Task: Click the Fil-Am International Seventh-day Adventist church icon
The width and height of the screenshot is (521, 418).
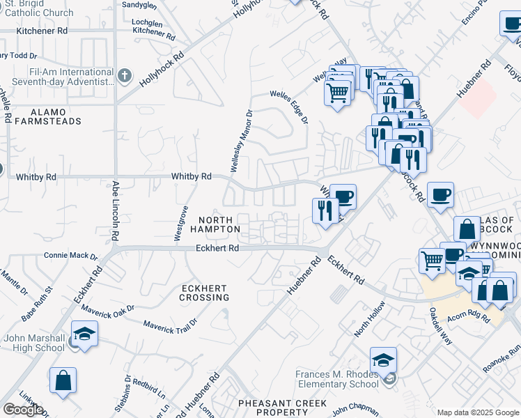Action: (125, 75)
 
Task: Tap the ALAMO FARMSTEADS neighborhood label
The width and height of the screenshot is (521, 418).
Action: (47, 116)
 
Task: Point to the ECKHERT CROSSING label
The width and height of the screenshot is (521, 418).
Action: (205, 293)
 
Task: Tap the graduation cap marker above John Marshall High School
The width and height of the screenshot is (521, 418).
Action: (84, 334)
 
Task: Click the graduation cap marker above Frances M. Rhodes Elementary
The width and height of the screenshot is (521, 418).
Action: (383, 360)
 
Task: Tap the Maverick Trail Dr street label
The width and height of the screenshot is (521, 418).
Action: (170, 323)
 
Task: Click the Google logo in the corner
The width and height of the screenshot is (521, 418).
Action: (23, 410)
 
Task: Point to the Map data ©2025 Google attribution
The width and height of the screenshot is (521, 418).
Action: (478, 412)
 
